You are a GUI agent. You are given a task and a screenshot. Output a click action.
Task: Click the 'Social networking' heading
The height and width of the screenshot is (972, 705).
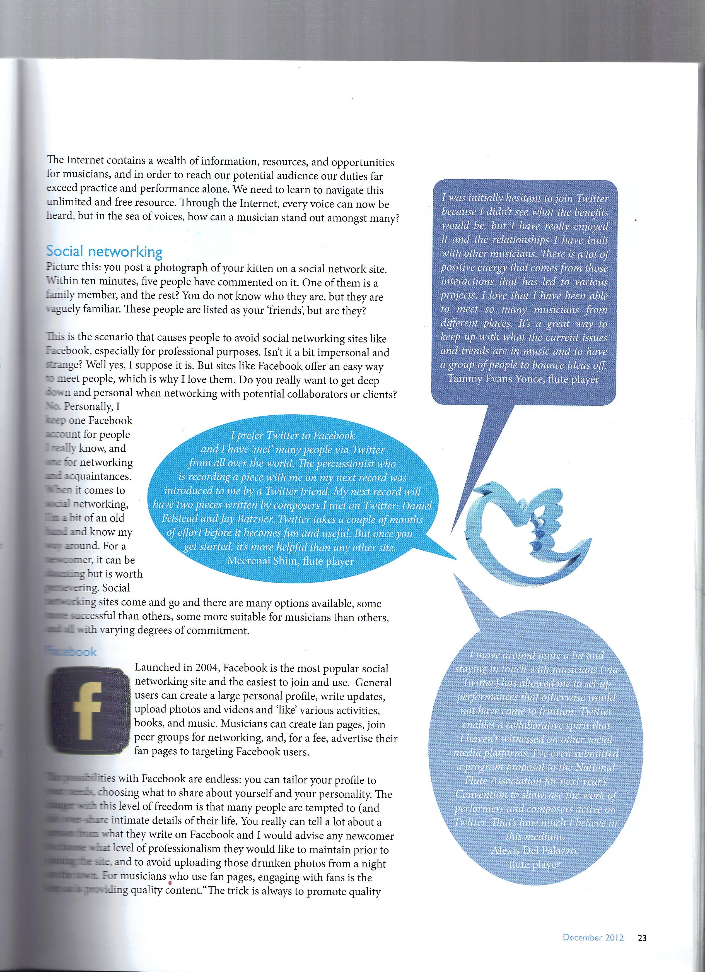(x=104, y=252)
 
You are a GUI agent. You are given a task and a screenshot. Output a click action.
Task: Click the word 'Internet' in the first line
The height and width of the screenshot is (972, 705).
(x=85, y=160)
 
